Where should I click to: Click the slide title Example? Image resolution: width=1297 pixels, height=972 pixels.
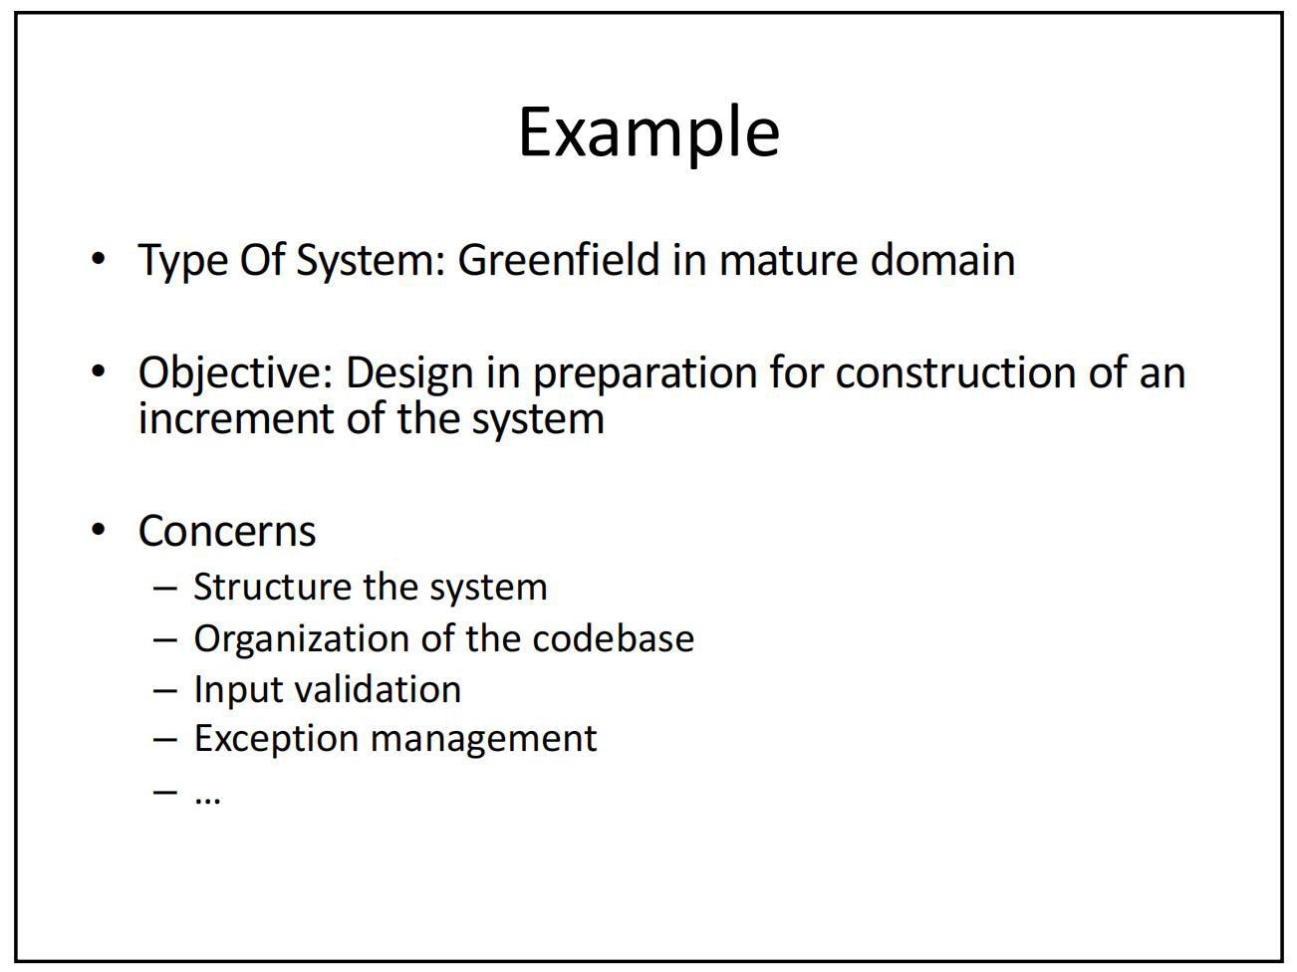coord(648,134)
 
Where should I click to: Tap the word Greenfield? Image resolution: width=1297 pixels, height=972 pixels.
coord(559,259)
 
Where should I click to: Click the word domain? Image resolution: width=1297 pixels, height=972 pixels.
coord(942,259)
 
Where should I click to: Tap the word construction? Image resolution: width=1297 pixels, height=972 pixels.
coord(955,373)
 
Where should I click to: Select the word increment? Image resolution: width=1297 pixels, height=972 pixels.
coord(236,418)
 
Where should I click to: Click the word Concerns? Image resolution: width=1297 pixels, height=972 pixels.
coord(227,531)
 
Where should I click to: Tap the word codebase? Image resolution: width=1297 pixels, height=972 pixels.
coord(613,638)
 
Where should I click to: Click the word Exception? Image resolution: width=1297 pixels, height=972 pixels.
coord(276,739)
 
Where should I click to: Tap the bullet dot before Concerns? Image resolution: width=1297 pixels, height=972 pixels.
coord(98,530)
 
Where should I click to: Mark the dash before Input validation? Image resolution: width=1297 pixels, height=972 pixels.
coord(164,691)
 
